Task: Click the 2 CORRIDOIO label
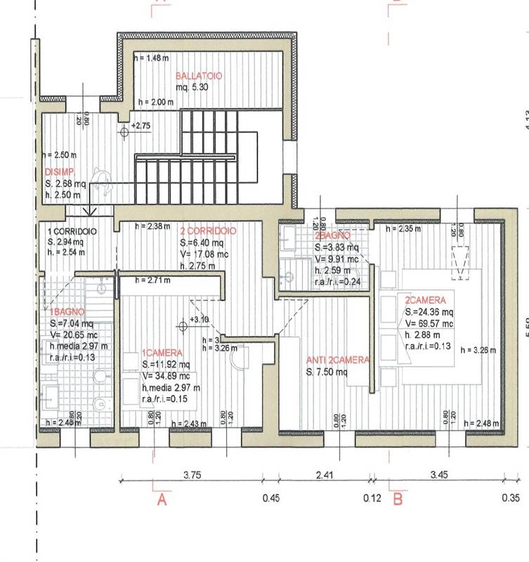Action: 207,231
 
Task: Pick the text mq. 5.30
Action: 192,88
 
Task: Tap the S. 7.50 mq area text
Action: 327,373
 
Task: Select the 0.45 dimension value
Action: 270,500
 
